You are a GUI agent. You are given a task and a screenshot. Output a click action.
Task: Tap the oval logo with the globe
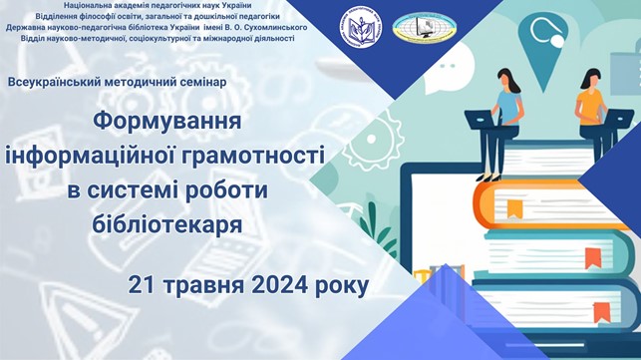tap(426, 27)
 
